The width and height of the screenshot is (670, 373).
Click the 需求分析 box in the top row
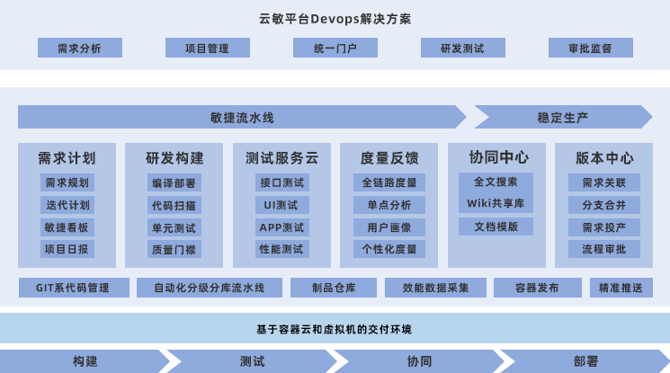click(79, 49)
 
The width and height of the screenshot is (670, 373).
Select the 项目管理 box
click(207, 49)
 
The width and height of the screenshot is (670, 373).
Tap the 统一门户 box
click(335, 49)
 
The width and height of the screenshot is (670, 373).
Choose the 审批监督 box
click(590, 49)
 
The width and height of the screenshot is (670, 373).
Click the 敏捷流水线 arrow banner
click(241, 117)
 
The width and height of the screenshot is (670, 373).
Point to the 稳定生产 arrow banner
click(563, 117)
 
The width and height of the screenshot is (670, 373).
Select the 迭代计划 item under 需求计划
click(67, 205)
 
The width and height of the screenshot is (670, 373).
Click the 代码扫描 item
click(174, 205)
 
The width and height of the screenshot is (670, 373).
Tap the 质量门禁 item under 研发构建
click(174, 249)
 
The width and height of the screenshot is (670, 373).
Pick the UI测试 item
click(281, 205)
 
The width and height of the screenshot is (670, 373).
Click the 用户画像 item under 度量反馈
click(389, 226)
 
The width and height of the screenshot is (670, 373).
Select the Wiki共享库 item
click(496, 203)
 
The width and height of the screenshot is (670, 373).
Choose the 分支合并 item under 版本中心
click(603, 205)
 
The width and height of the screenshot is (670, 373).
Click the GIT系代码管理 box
click(73, 288)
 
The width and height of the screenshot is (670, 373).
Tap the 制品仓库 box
click(334, 288)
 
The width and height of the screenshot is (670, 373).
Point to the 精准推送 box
click(621, 288)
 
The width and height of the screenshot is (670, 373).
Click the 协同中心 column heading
click(496, 156)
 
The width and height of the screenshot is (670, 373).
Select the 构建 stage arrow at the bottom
click(85, 361)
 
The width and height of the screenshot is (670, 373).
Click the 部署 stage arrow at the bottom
click(585, 361)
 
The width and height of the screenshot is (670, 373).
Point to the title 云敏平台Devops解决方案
click(335, 18)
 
